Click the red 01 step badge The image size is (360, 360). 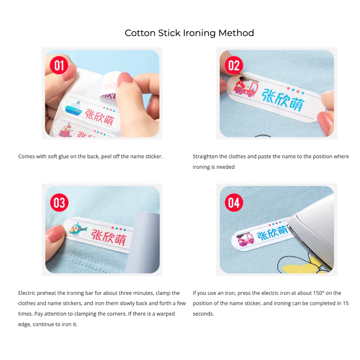click(x=59, y=65)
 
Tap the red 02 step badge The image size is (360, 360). click(x=234, y=65)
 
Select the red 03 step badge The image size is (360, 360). click(x=59, y=202)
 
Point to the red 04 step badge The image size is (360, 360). click(x=234, y=202)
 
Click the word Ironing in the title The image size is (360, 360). click(x=199, y=33)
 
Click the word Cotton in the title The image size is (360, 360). click(x=140, y=33)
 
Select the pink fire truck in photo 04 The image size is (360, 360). click(x=245, y=239)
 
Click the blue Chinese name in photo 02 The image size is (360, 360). click(x=283, y=100)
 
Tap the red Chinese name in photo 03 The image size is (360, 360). click(x=109, y=237)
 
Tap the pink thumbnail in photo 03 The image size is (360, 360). click(x=55, y=233)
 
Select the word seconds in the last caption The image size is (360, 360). click(x=203, y=314)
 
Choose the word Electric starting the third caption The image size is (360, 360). click(x=27, y=293)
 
